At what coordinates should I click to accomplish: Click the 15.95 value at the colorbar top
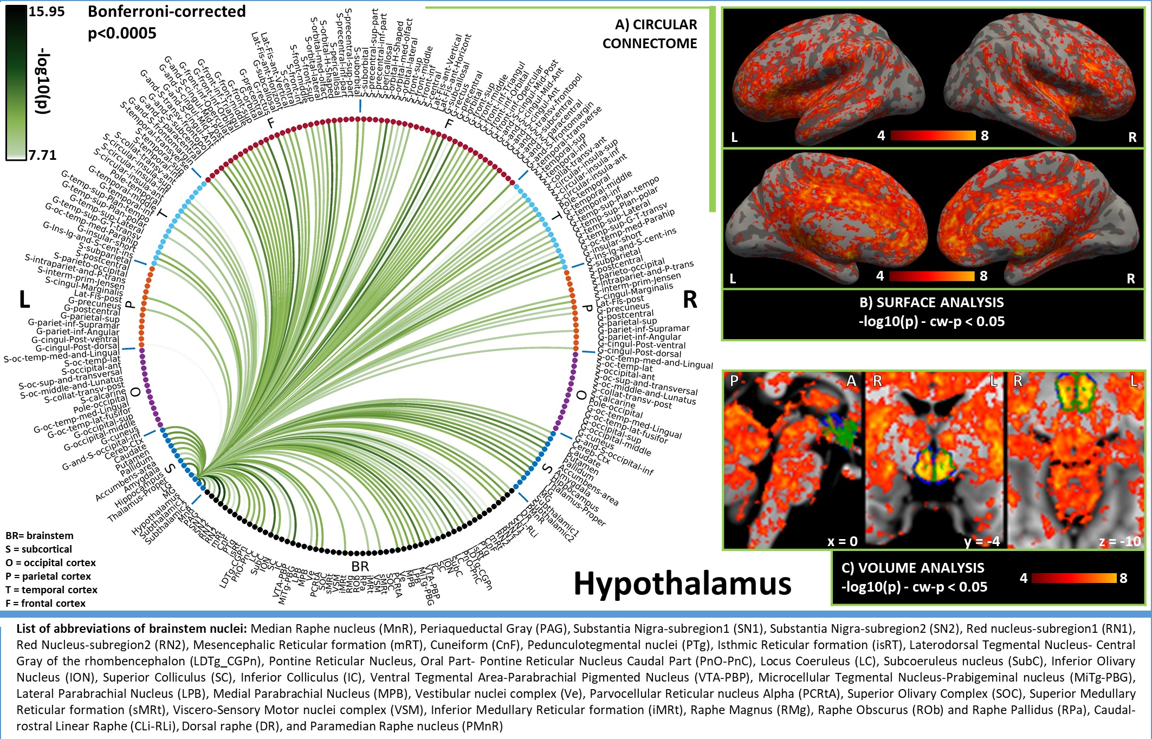coord(46,12)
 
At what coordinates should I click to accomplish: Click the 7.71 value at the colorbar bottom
coord(42,155)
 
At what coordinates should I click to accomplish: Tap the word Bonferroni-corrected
coord(166,12)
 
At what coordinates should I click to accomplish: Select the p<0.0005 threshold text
coord(122,34)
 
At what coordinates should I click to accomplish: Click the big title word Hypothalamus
coord(682,584)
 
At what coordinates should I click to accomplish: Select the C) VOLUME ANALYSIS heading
coord(912,568)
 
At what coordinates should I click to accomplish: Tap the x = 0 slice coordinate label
coord(842,541)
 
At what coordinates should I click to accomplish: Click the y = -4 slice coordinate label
coord(980,541)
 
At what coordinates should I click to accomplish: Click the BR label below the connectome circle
coord(360,567)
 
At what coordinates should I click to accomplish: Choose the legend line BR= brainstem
coord(40,536)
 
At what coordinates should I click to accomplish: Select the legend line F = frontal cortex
coord(46,604)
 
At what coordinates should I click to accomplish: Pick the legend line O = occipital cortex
coord(50,563)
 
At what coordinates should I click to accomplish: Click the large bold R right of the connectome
coord(690,300)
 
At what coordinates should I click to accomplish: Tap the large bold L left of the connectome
coord(24,300)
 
